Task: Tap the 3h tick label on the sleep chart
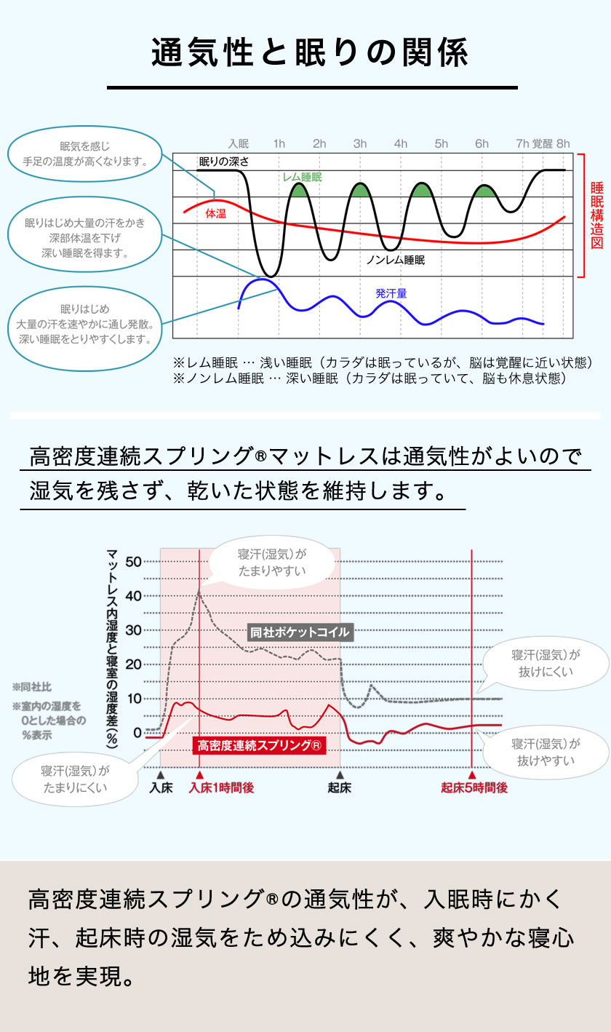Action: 360,144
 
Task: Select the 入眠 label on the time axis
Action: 239,144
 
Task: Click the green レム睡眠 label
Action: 303,177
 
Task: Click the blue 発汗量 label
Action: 391,293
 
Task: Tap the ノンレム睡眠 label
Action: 395,259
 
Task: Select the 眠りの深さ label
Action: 223,161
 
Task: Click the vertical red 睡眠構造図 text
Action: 596,215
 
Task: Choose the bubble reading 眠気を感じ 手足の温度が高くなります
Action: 85,154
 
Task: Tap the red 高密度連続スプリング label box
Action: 260,745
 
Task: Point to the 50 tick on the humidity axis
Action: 134,561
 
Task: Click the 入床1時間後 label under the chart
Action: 221,787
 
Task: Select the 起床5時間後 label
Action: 474,787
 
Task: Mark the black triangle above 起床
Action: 339,775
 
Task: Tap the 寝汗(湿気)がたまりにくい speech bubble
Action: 75,778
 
